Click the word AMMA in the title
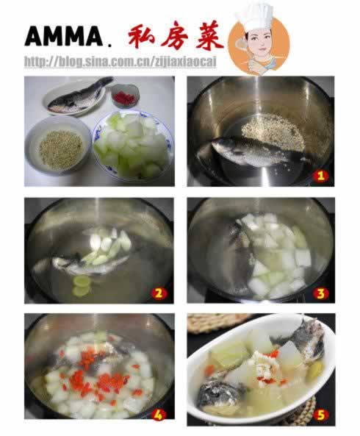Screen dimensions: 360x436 64,36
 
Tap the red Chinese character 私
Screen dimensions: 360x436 141,36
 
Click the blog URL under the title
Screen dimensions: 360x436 120,62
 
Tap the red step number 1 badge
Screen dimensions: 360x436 320,176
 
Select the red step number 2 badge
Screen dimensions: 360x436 159,293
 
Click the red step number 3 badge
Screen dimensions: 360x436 320,293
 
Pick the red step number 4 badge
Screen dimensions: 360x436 158,415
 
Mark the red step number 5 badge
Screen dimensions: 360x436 320,415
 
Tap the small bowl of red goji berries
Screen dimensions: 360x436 125,96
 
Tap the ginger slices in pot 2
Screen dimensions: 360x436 81,286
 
